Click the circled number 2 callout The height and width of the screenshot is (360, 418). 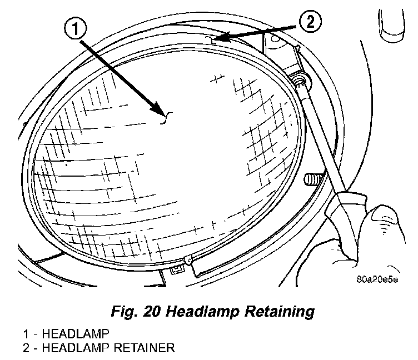(310, 23)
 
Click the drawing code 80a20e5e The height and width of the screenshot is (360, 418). (377, 279)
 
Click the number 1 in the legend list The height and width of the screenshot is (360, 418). (26, 334)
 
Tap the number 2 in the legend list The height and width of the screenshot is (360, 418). (26, 348)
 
